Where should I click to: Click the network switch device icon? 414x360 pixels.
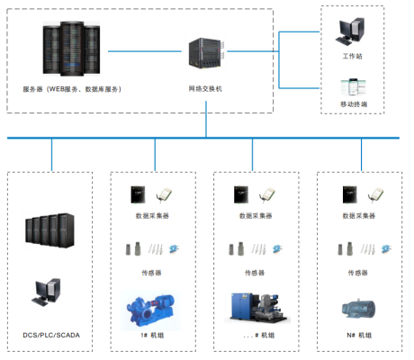coord(206,53)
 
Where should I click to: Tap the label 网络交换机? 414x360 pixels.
coord(205,89)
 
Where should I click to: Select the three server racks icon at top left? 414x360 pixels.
coord(71,49)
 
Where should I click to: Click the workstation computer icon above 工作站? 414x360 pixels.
coord(350,31)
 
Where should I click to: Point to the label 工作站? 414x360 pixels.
coord(353,56)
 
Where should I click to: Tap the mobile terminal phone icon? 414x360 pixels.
coord(354,87)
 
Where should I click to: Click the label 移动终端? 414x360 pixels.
coord(354,104)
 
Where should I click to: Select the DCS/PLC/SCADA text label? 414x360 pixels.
coord(51,335)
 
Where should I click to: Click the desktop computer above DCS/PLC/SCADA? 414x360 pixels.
coord(47,292)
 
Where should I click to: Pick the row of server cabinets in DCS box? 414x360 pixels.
coord(49,230)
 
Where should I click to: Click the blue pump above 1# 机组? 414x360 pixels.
coord(150,310)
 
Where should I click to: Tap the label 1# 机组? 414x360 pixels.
coord(152,335)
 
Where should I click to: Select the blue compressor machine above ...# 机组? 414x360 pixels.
coord(257,308)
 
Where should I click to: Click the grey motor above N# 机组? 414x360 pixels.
coord(358,309)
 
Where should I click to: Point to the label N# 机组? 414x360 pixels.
coord(359,335)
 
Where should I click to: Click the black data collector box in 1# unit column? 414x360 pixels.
coord(138,194)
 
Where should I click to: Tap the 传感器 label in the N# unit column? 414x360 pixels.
coord(357,273)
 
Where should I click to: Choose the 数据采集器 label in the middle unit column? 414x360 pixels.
coord(256,216)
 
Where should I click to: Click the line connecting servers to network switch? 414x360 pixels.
coord(145,51)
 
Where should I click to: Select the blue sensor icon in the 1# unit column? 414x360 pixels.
coord(174,248)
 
